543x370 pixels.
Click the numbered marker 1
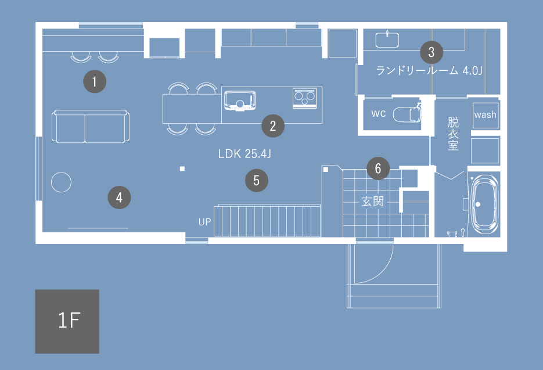point(95,82)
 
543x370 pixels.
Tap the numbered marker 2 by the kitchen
point(273,126)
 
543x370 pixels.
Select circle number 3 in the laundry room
point(431,52)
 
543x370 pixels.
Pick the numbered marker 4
point(119,197)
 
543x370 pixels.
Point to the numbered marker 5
point(257,181)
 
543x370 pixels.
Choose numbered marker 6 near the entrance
point(378,168)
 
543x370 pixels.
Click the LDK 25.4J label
point(244,154)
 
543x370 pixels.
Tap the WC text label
point(379,114)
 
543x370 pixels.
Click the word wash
point(485,114)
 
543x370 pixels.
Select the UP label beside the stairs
point(204,222)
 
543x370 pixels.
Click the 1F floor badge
point(67,321)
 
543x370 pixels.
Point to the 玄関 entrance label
point(373,202)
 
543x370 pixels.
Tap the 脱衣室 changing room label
point(453,134)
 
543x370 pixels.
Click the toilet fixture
point(407,113)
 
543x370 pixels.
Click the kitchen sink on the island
point(240,100)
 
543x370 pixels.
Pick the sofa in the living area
point(91,127)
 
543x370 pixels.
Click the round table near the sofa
point(62,182)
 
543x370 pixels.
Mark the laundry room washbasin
point(387,39)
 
